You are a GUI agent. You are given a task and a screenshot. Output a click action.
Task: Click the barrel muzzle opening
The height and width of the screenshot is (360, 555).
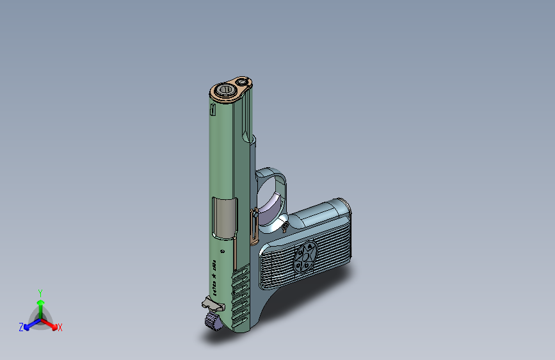pyautogui.click(x=225, y=90)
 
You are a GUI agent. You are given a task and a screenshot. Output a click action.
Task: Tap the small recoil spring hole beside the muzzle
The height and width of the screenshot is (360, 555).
pyautogui.click(x=242, y=82)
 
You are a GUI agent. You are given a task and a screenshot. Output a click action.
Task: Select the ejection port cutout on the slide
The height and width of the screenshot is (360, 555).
pyautogui.click(x=224, y=216)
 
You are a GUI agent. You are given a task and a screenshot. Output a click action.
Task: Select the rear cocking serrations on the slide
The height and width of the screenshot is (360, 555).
pyautogui.click(x=241, y=297)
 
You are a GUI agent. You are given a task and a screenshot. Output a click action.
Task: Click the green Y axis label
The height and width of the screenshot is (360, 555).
pyautogui.click(x=40, y=291)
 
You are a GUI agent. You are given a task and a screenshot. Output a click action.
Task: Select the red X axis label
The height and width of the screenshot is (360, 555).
pyautogui.click(x=60, y=327)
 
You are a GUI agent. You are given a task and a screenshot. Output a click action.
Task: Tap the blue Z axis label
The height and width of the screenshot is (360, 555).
pyautogui.click(x=21, y=327)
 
